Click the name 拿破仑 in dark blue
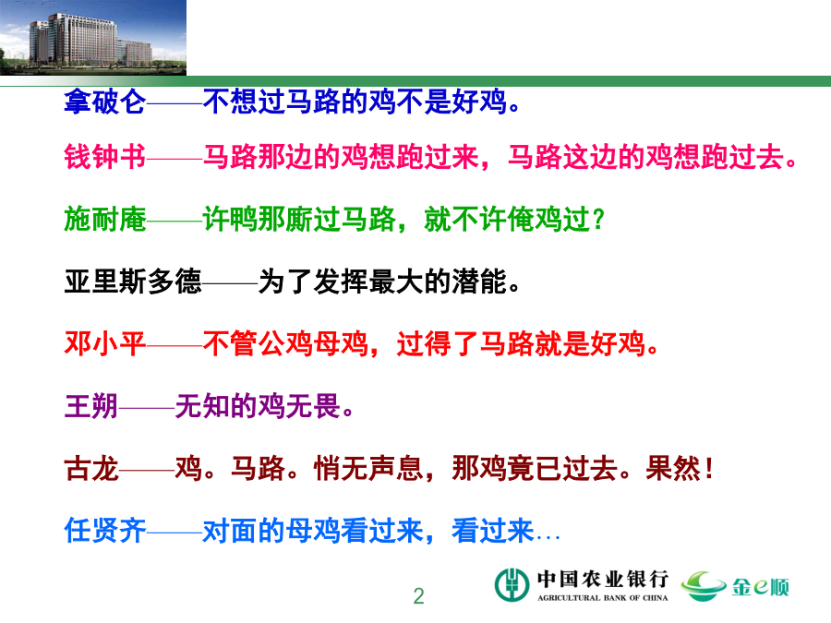click(x=105, y=102)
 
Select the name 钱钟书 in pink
click(x=105, y=157)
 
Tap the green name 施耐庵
click(x=105, y=219)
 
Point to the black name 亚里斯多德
click(x=133, y=282)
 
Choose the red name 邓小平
click(x=105, y=343)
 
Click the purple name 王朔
click(x=91, y=406)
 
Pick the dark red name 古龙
click(x=91, y=468)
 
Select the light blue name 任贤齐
click(x=105, y=531)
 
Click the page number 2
click(x=418, y=596)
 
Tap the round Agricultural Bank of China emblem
click(x=512, y=585)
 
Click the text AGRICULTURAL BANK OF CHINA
click(x=603, y=597)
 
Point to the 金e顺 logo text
click(x=761, y=586)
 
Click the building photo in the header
click(x=93, y=38)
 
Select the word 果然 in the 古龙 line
click(x=672, y=468)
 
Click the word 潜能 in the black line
click(x=479, y=282)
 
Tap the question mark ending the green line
click(x=598, y=220)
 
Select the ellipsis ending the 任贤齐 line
click(x=548, y=538)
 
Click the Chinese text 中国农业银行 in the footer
click(x=603, y=579)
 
